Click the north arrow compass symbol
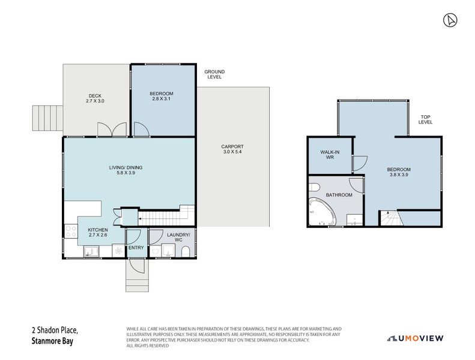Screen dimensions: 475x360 point(450,20)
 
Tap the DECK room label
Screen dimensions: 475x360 point(95,95)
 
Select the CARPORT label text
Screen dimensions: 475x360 point(232,146)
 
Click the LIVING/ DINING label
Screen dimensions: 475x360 point(126,167)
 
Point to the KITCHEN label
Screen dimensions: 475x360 point(98,230)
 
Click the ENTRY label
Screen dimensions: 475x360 point(136,248)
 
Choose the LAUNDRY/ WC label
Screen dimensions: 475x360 point(178,238)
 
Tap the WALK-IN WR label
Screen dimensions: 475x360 point(330,155)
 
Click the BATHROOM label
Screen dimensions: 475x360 point(339,195)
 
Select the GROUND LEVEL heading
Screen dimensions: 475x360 point(214,74)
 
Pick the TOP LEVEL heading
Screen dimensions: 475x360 point(425,119)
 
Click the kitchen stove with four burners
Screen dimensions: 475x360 point(71,231)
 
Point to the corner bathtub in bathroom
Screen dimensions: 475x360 point(321,212)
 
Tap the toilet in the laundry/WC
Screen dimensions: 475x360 point(186,252)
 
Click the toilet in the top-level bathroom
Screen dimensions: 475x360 point(314,187)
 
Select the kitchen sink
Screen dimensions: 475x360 point(91,251)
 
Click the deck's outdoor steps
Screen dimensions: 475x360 point(47,118)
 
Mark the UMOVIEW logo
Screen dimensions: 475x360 point(415,338)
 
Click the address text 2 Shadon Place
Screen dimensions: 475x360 point(55,330)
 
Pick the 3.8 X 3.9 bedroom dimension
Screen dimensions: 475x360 point(399,175)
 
